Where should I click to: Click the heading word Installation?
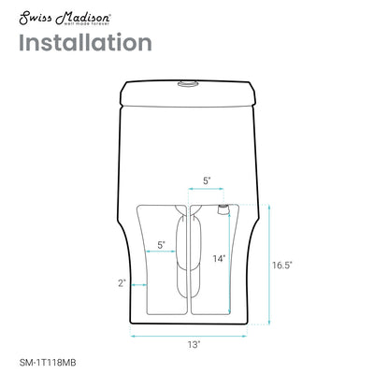pos(84,43)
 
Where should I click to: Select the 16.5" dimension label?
pos(284,265)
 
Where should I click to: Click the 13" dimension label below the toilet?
pos(192,345)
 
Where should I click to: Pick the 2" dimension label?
pos(122,281)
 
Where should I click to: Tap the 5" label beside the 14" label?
pos(162,245)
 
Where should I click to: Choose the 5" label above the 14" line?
pos(207,181)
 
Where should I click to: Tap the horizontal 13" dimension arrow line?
pos(192,334)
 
